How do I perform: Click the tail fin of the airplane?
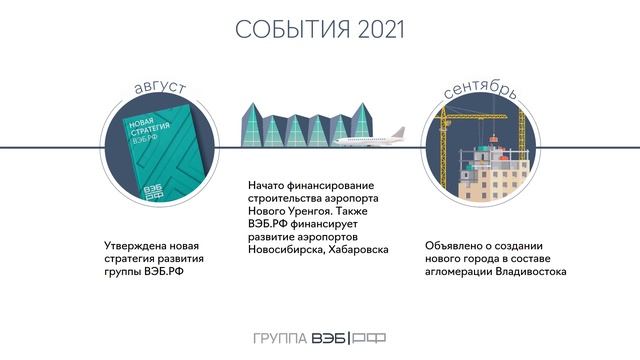pos(399,132)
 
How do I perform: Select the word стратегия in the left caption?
pos(133,257)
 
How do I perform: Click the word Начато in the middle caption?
pos(268,186)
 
